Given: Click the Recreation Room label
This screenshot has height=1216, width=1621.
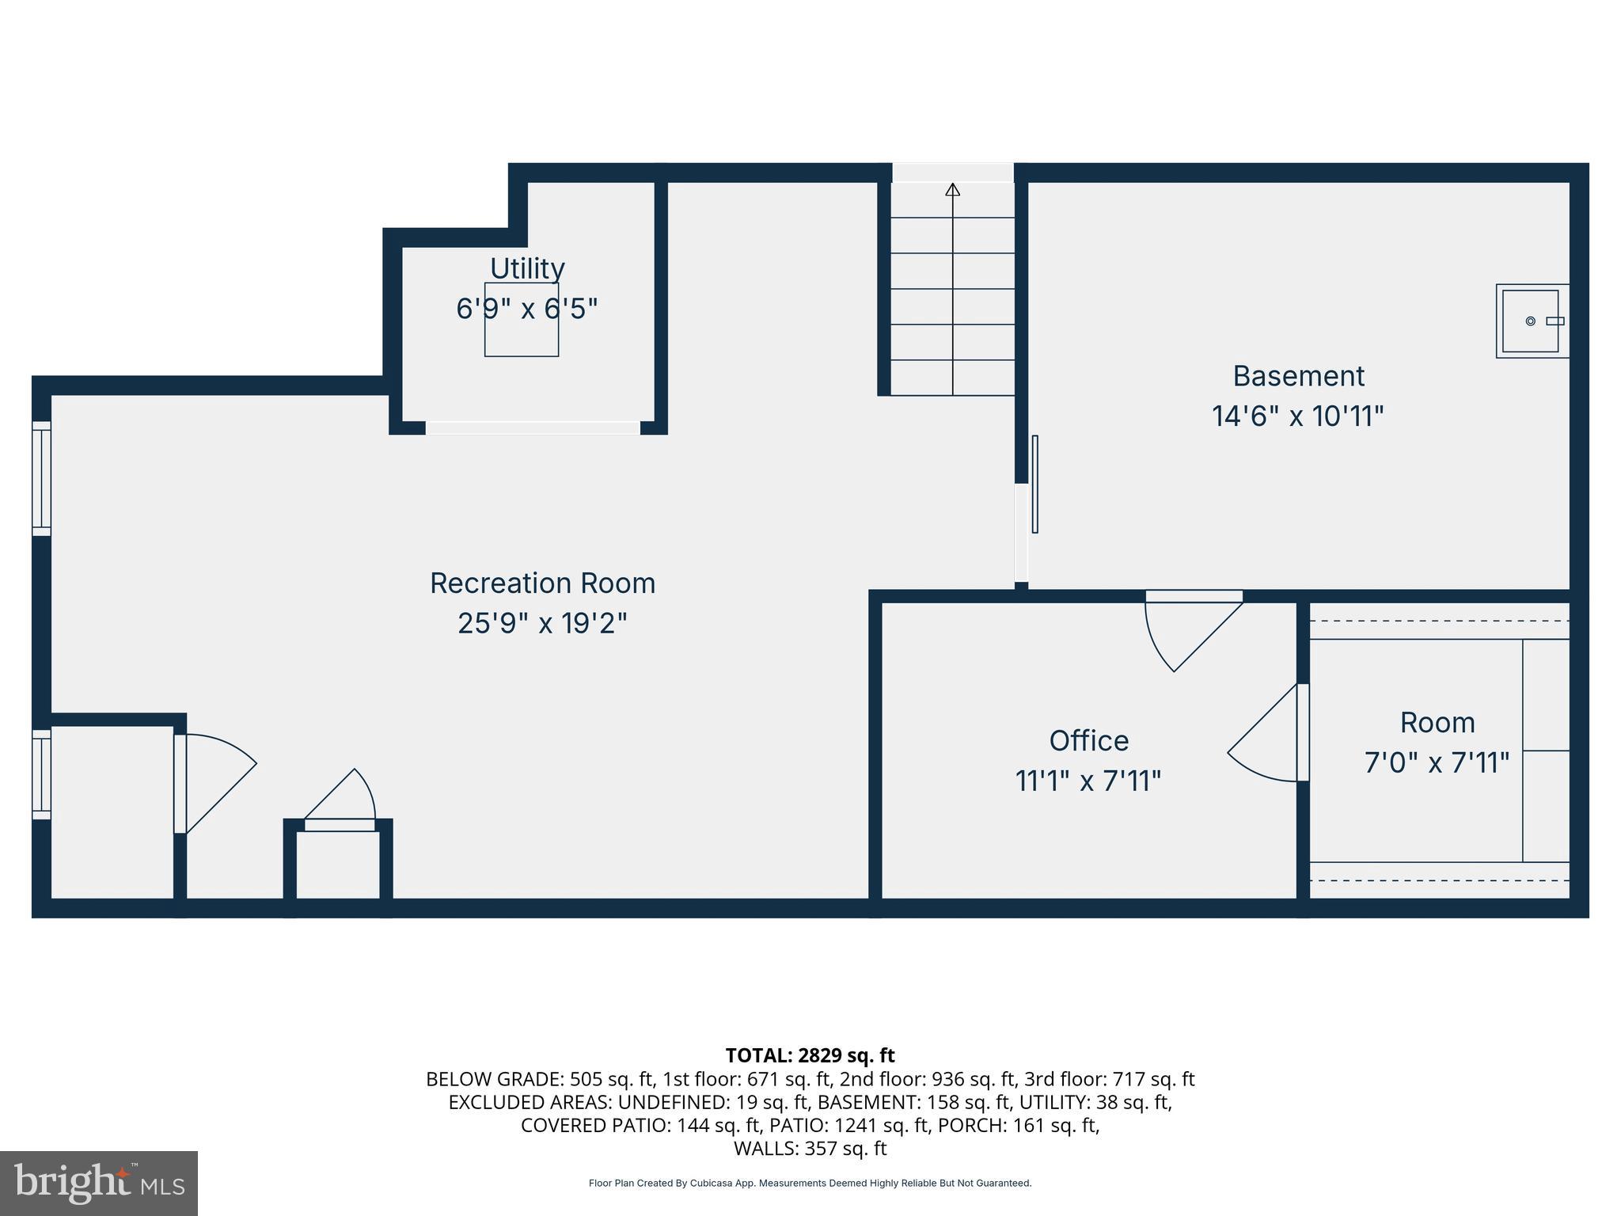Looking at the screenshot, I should [542, 583].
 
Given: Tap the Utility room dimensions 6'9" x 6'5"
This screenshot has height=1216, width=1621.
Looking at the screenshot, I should [526, 309].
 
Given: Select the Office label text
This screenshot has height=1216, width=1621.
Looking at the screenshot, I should [1088, 741].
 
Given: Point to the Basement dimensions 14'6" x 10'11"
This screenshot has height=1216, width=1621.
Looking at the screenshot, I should [1297, 416].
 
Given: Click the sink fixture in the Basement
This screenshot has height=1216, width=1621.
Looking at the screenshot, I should [1532, 321].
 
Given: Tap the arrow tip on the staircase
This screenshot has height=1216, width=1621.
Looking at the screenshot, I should [952, 189].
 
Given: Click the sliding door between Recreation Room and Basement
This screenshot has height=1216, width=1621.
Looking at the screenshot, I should [1034, 484].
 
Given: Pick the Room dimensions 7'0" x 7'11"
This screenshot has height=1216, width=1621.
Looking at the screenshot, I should [1437, 763].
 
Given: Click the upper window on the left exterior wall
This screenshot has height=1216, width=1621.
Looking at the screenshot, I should [41, 478].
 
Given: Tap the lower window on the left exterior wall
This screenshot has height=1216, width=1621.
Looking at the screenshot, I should [41, 774].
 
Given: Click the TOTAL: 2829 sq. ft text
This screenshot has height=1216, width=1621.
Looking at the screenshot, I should [810, 1055].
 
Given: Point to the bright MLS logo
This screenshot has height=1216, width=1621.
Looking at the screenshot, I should [99, 1183].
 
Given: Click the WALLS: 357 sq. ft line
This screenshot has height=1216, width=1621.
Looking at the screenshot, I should [810, 1149].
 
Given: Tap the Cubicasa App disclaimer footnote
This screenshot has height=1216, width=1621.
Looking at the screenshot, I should [810, 1184].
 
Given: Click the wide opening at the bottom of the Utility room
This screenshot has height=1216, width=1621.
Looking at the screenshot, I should [533, 428].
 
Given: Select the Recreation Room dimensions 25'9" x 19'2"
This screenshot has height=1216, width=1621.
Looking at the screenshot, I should [542, 624].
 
